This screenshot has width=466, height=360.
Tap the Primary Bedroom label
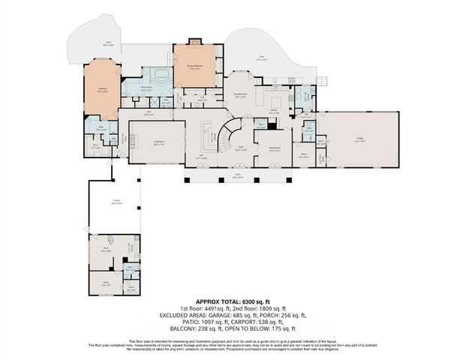coord(196,66)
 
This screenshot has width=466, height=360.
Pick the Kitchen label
coord(274,112)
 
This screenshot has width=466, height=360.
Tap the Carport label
coord(116,202)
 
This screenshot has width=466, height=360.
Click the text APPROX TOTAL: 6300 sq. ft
coord(231,300)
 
